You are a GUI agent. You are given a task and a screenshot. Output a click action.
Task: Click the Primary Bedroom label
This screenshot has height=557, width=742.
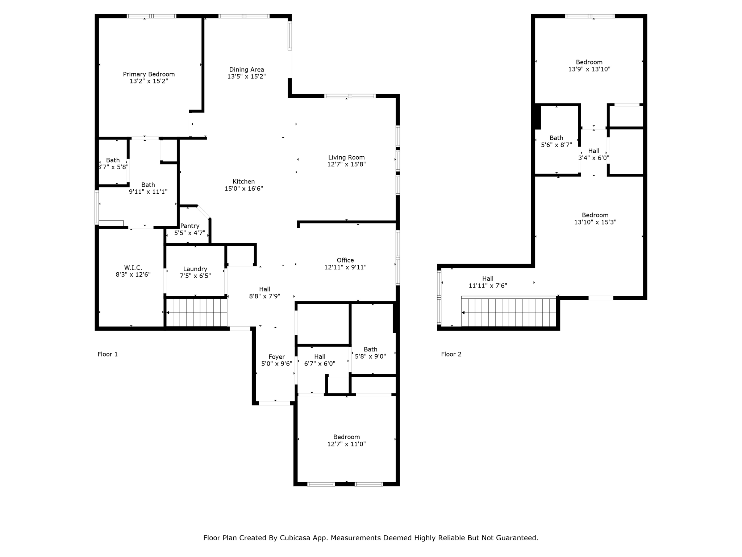(x=149, y=74)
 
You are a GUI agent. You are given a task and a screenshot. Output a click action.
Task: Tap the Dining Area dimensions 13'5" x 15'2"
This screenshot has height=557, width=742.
(x=246, y=77)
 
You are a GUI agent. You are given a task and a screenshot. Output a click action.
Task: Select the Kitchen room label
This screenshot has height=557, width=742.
(x=243, y=182)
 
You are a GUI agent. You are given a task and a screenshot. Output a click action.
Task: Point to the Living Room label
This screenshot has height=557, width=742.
(x=346, y=157)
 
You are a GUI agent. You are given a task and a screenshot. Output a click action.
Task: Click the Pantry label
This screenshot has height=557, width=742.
(x=189, y=226)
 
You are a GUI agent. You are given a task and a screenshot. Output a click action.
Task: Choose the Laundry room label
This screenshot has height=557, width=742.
(x=195, y=269)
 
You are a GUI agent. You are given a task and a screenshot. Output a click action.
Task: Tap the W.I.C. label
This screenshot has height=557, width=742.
(x=133, y=268)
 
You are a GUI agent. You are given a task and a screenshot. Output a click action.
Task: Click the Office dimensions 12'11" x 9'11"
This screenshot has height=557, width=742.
(x=345, y=267)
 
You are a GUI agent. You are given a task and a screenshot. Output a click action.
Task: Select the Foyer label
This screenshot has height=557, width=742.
(x=276, y=357)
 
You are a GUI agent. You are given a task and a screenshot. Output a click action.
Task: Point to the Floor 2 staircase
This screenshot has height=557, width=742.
(x=509, y=312)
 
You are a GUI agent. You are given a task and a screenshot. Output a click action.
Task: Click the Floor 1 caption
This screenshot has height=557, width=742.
(x=108, y=354)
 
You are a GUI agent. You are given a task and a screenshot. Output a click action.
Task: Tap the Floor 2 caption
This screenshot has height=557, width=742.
(x=451, y=354)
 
